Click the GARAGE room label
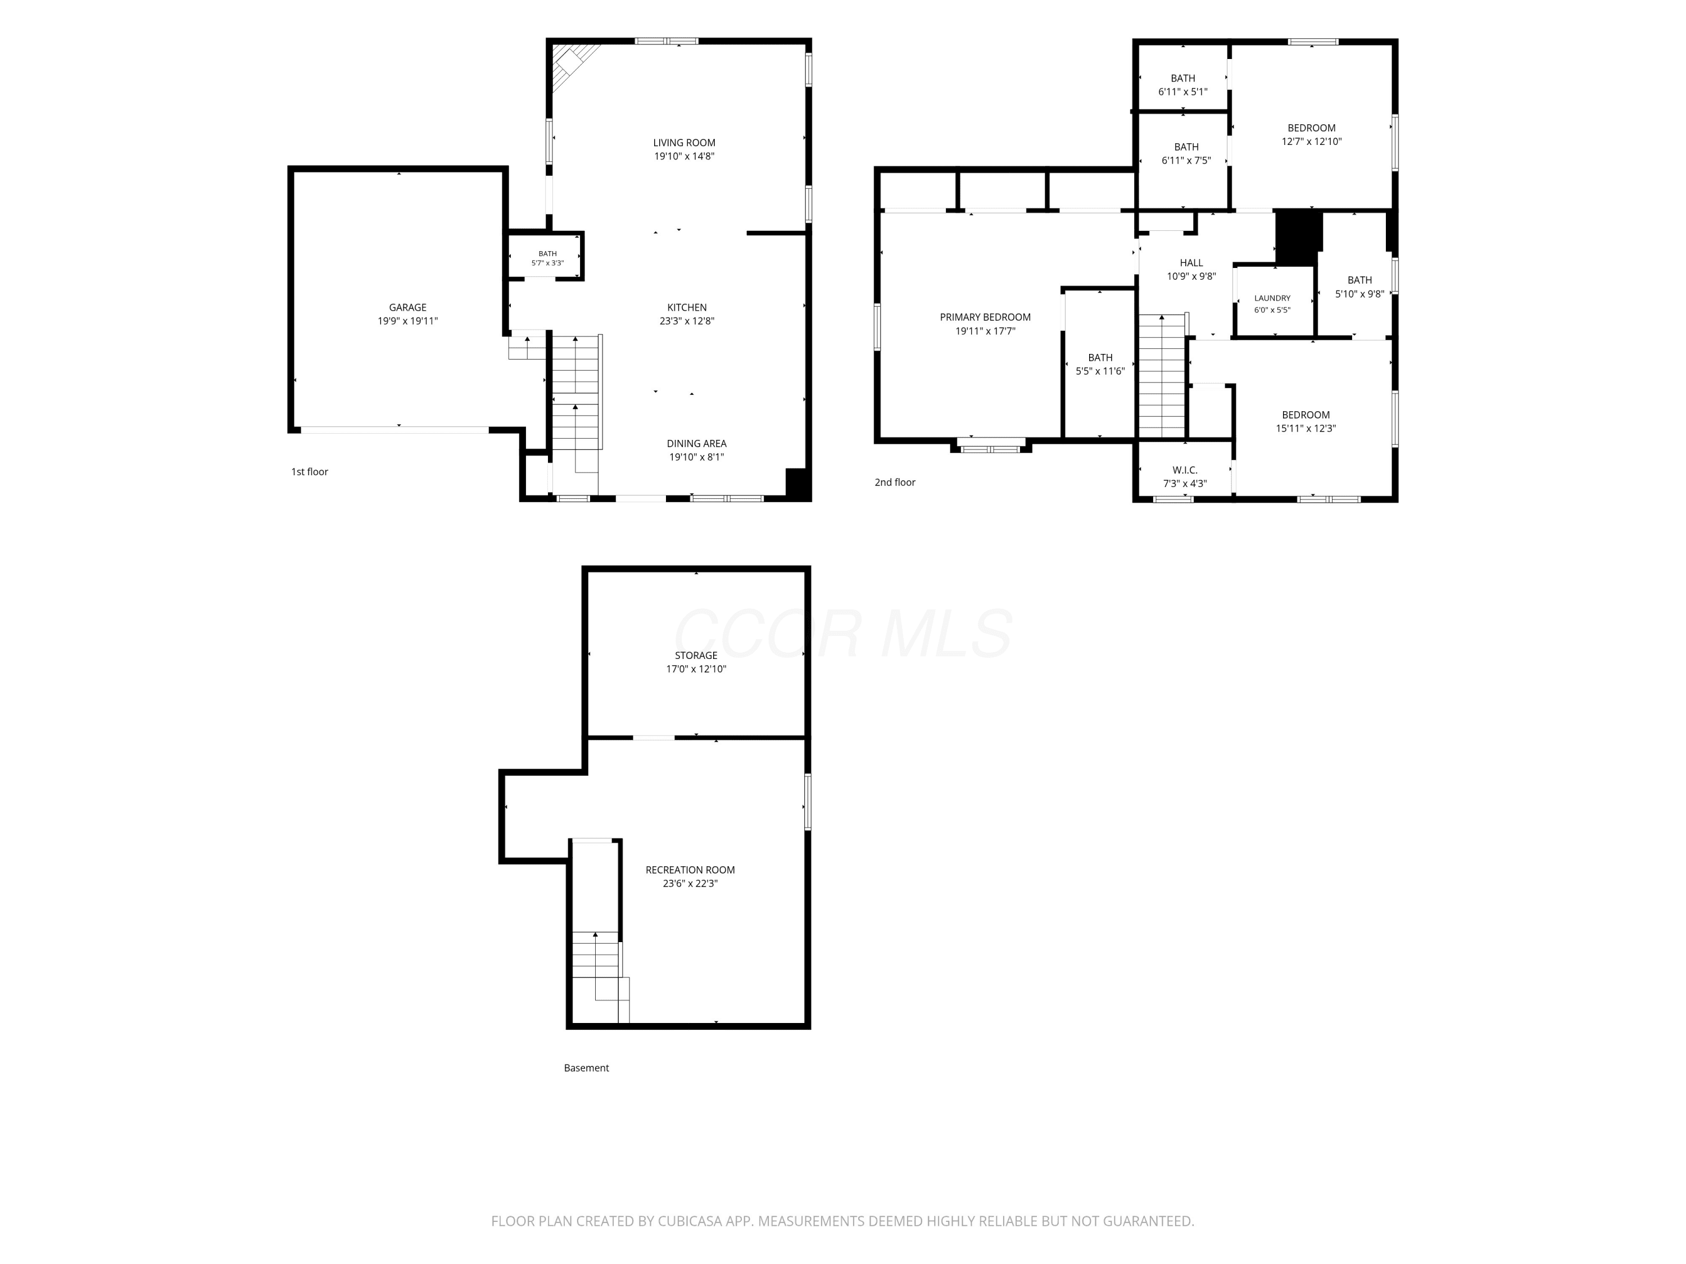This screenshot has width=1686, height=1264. (408, 308)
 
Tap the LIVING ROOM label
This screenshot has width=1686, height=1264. (685, 143)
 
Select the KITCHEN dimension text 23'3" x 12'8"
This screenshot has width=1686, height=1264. (687, 321)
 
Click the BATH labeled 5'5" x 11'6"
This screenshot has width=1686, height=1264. (1100, 364)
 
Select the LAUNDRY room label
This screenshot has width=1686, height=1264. (1272, 298)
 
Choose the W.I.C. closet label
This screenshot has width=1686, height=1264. (1185, 470)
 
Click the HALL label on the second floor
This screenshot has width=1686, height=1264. (1191, 263)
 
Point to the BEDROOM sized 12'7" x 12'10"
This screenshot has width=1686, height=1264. (1312, 135)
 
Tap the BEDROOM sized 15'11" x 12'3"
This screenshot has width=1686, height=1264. (1306, 421)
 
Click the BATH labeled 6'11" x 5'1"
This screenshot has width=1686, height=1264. (1183, 85)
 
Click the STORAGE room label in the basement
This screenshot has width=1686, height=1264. (696, 655)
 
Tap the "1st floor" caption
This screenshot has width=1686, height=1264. (310, 472)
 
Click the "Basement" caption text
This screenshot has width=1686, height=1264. (586, 1068)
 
